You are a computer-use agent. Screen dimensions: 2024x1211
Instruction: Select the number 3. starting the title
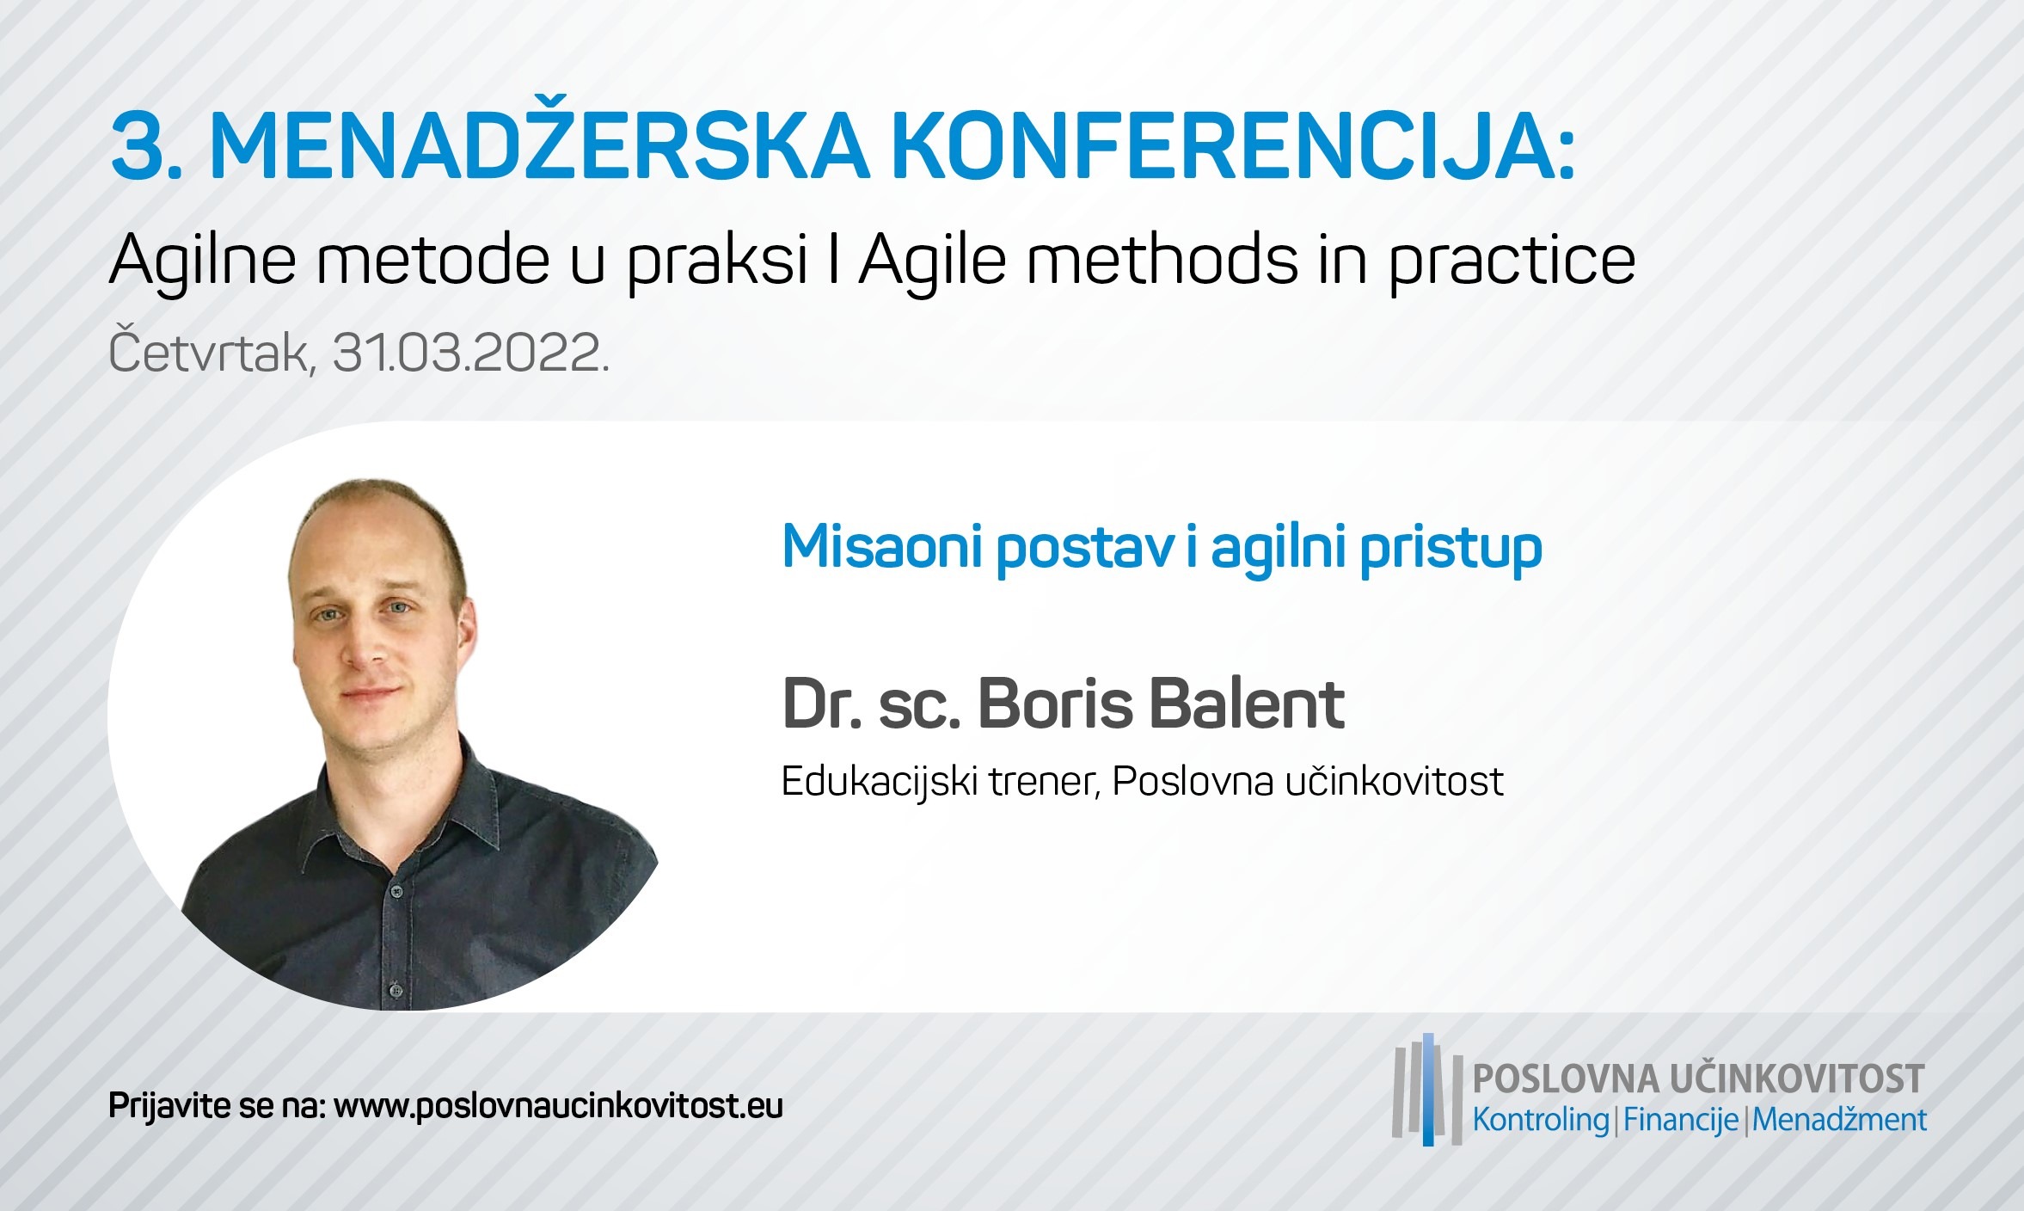pyautogui.click(x=147, y=147)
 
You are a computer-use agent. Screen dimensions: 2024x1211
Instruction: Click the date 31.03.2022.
pyautogui.click(x=470, y=353)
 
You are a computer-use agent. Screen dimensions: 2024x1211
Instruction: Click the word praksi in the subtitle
pyautogui.click(x=717, y=261)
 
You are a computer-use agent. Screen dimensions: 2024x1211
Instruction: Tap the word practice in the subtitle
pyautogui.click(x=1512, y=261)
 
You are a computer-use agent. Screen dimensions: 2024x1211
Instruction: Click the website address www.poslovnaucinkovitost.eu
pyautogui.click(x=558, y=1106)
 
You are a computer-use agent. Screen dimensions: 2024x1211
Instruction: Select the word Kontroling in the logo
pyautogui.click(x=1541, y=1120)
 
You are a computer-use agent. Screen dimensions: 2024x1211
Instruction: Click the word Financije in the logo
pyautogui.click(x=1681, y=1120)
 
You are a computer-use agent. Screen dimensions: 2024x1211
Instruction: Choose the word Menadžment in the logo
pyautogui.click(x=1839, y=1120)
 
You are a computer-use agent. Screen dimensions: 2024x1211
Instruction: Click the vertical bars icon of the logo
pyautogui.click(x=1427, y=1090)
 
